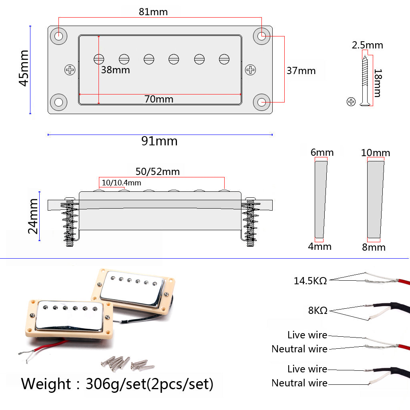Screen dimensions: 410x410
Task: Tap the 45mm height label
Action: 24,68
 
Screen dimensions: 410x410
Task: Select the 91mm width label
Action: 159,141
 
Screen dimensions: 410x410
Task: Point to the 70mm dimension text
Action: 159,99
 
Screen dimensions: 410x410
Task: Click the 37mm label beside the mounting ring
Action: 301,71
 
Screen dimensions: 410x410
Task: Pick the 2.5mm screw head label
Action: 367,45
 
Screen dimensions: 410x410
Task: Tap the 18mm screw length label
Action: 377,83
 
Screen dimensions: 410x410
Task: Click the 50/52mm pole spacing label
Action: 157,172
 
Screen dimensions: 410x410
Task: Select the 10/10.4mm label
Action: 121,183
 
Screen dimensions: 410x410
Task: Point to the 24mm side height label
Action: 33,216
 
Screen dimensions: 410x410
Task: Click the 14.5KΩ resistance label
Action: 310,281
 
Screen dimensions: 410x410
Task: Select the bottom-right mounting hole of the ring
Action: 262,102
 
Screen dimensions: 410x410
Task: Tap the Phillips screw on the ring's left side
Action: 70,70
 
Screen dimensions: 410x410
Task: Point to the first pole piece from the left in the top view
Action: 99,59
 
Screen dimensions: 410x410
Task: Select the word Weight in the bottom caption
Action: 45,384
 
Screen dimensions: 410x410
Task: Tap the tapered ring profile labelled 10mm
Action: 376,199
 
